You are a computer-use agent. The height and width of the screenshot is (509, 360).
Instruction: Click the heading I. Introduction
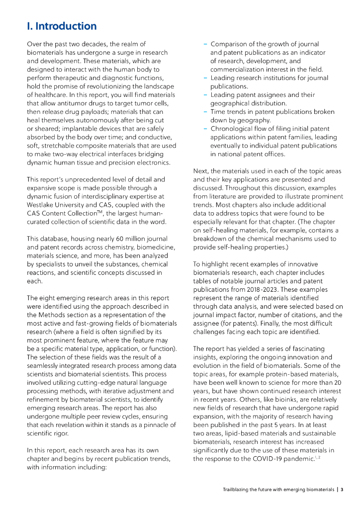[62, 26]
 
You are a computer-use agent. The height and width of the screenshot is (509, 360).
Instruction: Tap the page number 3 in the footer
[342, 490]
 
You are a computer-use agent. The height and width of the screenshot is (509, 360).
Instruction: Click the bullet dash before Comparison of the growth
[205, 44]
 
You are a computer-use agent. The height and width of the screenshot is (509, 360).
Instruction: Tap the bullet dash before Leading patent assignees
[205, 95]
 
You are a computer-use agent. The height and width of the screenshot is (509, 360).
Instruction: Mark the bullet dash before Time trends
[205, 112]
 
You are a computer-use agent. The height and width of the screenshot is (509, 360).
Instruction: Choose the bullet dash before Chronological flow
[205, 129]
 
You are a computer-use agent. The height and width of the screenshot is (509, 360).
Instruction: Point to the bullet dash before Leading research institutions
[205, 78]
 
